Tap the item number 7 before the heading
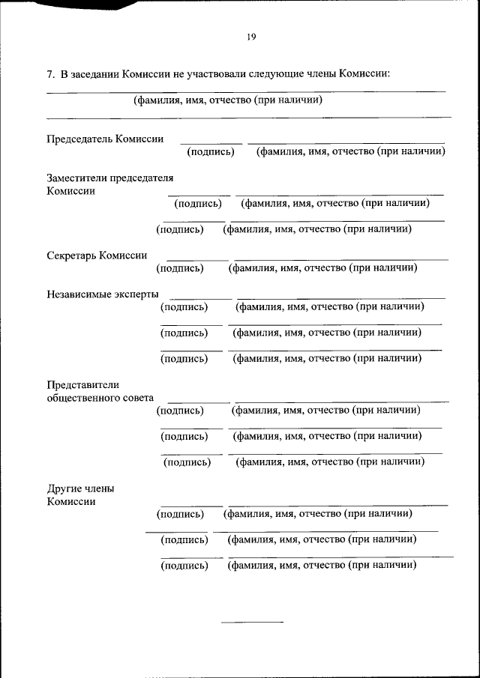tap(50, 74)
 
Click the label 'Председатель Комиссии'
tap(105, 139)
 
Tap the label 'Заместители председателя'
tap(109, 178)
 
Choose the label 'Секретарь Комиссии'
tap(97, 255)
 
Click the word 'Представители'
tap(82, 385)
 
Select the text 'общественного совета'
tap(100, 398)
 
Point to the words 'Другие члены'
tap(80, 488)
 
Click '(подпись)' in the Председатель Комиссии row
tap(211, 152)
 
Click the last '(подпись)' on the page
tap(184, 566)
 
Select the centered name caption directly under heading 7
tap(228, 100)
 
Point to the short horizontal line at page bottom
tap(252, 622)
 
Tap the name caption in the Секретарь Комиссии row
tap(322, 267)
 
